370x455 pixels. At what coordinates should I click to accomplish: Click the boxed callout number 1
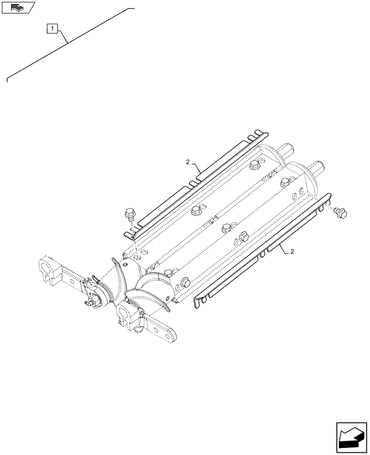[53, 30]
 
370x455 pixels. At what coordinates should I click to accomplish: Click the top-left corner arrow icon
[18, 7]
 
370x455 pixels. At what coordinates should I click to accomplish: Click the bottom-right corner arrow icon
[351, 438]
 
